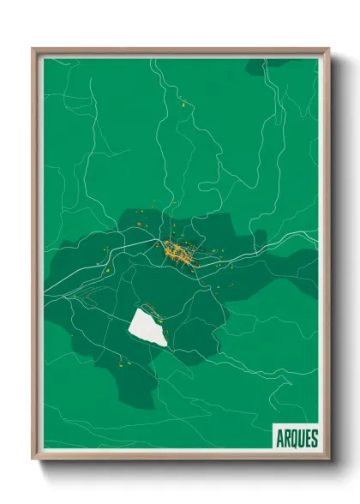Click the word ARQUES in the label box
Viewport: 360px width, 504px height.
pos(297,437)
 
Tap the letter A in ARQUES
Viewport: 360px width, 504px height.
pos(280,437)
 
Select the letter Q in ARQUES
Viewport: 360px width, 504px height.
pos(293,437)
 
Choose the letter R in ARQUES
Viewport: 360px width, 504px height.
pos(286,437)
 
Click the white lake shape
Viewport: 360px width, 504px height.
pos(147,327)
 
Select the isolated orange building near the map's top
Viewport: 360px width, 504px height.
pos(183,104)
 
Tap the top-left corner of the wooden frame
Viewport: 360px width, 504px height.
pos(33,50)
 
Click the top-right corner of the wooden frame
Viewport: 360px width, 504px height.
pos(328,50)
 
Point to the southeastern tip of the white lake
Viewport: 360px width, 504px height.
pos(165,345)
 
